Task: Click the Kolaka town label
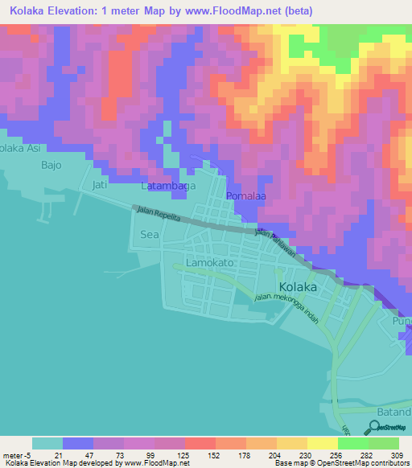click(297, 287)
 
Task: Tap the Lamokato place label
click(209, 263)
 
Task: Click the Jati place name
click(100, 185)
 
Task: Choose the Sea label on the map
click(150, 234)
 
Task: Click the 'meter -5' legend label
click(16, 454)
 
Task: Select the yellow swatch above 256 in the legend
click(322, 443)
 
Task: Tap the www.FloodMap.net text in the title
click(239, 10)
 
